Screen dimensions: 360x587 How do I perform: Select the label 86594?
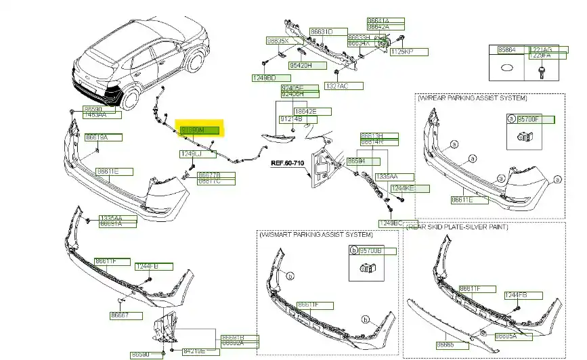356,162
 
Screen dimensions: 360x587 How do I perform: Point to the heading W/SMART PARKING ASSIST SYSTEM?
316,234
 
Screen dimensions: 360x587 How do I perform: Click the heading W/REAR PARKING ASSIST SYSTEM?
473,98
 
